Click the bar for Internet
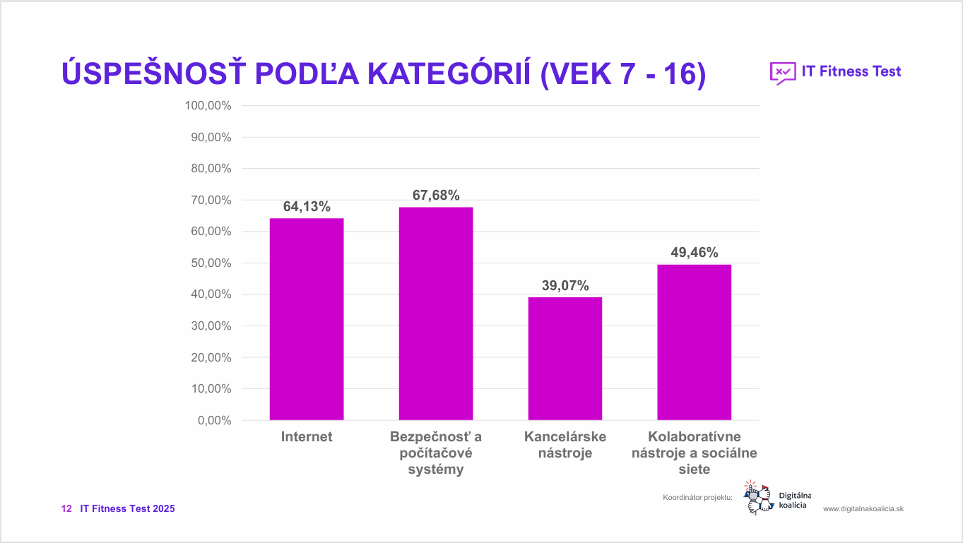point(307,319)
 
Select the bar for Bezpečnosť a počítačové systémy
point(436,314)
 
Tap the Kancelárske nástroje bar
point(565,359)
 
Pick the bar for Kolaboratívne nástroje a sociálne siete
point(694,342)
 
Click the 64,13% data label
point(307,207)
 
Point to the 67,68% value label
point(436,196)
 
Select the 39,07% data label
point(565,286)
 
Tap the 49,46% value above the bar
point(694,253)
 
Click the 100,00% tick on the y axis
point(208,106)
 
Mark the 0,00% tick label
point(214,421)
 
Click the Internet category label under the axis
point(307,437)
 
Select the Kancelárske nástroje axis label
point(565,445)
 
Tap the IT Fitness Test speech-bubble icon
point(781,73)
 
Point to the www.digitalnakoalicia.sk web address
point(863,509)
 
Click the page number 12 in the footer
point(67,509)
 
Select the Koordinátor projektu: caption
point(697,498)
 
